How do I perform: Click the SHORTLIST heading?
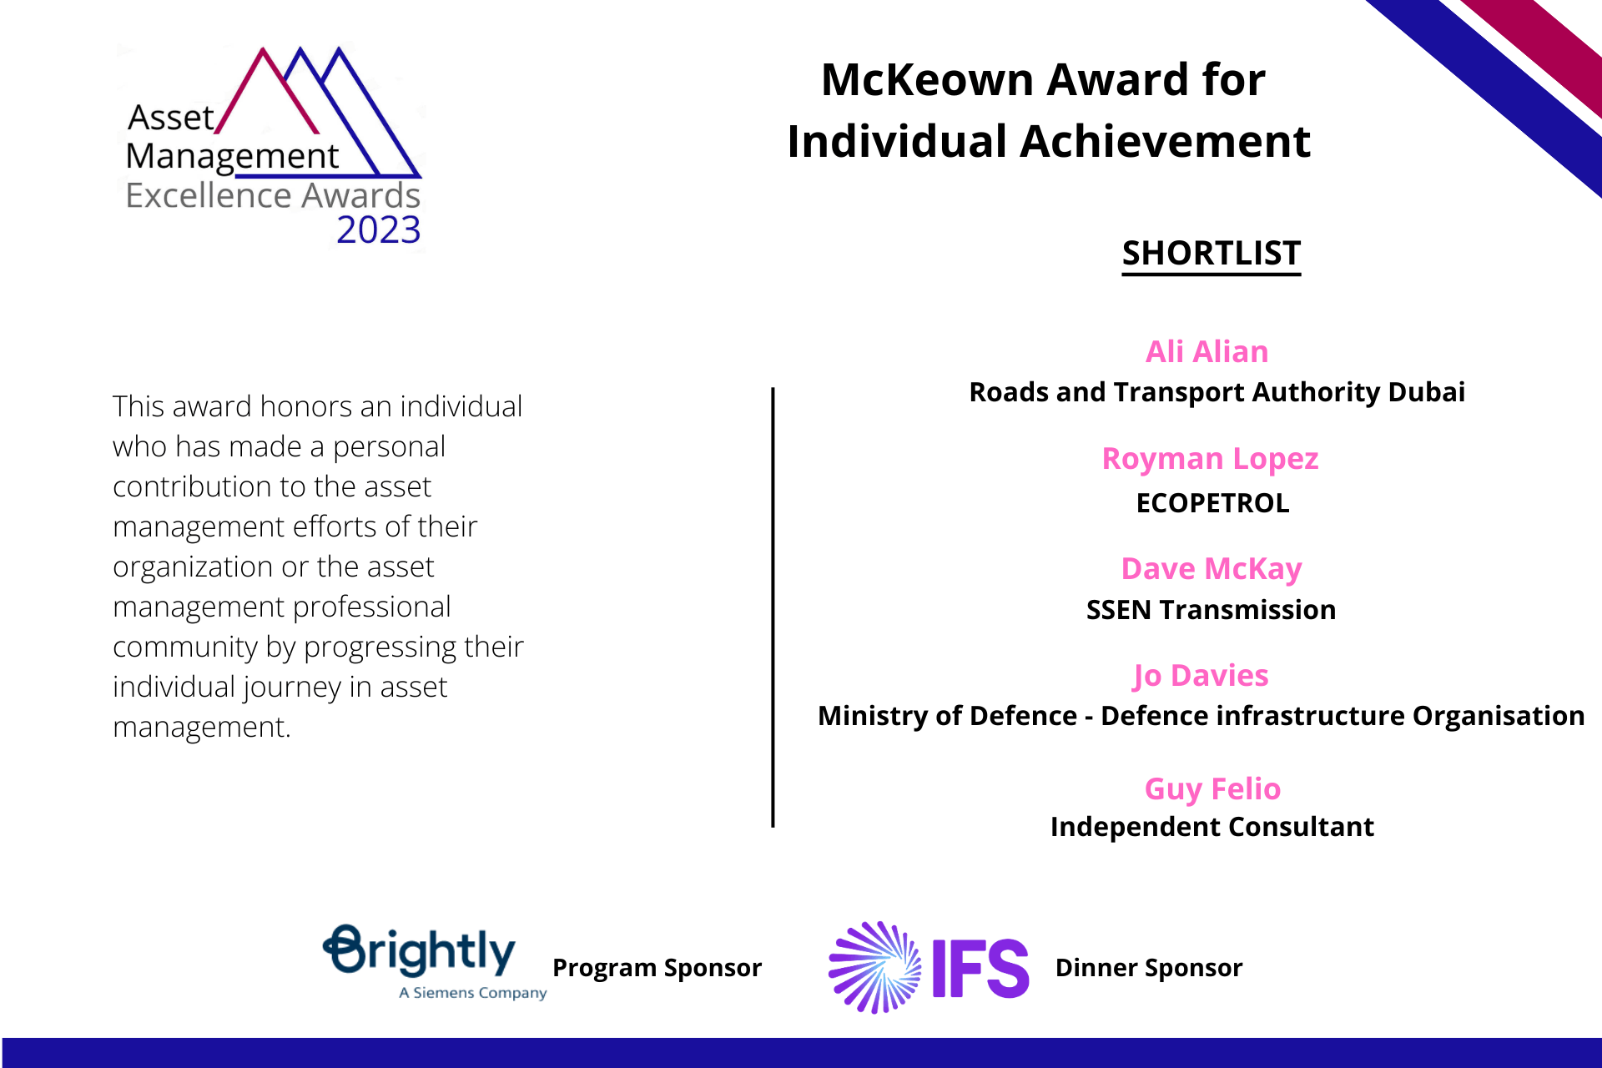(1211, 254)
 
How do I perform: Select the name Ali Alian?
(1207, 351)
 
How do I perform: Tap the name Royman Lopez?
(1210, 459)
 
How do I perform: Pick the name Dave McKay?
(1211, 568)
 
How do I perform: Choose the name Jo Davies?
(1201, 675)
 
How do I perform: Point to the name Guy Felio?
(1212, 788)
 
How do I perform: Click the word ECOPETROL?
(1212, 503)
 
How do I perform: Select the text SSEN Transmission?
(1211, 610)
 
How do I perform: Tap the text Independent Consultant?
(1212, 827)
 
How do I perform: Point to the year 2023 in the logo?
(379, 229)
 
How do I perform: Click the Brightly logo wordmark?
(419, 950)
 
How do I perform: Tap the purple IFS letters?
(980, 968)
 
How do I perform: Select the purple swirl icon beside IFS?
(875, 968)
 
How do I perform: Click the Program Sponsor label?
(657, 968)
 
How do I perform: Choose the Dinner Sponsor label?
(1149, 968)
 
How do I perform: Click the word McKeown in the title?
(927, 80)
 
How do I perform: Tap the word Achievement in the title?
(1165, 141)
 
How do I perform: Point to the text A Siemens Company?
(472, 993)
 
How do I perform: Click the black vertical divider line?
(773, 607)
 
